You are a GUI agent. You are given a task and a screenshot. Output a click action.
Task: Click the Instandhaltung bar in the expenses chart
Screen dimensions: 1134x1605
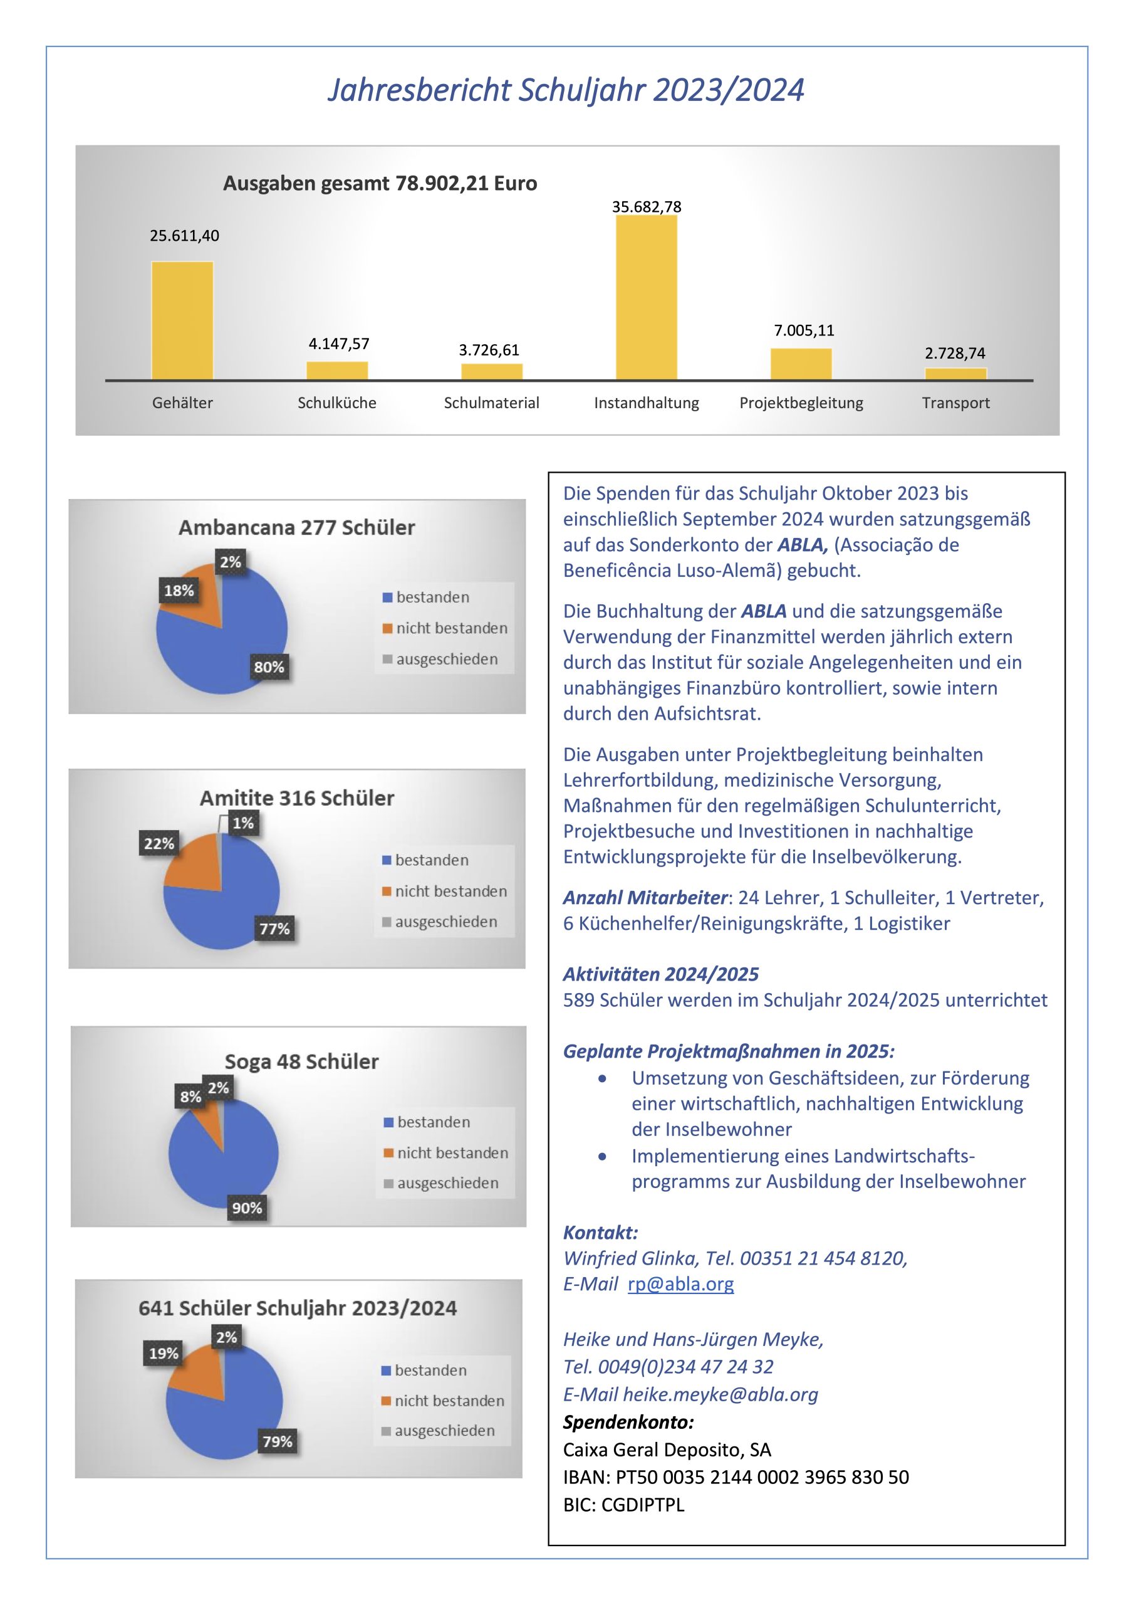(x=647, y=298)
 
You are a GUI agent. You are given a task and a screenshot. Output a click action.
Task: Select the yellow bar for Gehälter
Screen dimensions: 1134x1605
(x=182, y=321)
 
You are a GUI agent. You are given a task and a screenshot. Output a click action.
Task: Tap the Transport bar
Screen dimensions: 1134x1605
(x=956, y=374)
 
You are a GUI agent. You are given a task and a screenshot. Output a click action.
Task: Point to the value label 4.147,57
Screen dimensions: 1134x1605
(x=339, y=344)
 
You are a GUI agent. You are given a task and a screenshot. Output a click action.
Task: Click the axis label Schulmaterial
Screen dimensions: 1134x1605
(x=492, y=403)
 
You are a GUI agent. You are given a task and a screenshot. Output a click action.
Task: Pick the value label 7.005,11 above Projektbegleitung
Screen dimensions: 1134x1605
(x=804, y=330)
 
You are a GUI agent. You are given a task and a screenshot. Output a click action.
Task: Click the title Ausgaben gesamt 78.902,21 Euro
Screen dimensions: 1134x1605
(x=380, y=183)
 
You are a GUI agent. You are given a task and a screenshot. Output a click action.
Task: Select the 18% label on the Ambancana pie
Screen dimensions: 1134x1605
(x=179, y=591)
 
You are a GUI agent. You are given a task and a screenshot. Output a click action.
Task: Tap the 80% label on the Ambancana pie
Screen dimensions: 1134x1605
(x=269, y=667)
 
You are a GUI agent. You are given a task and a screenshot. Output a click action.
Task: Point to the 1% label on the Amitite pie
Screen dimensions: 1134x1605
(x=243, y=823)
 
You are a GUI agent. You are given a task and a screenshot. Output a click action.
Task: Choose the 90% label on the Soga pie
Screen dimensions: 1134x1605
(x=247, y=1208)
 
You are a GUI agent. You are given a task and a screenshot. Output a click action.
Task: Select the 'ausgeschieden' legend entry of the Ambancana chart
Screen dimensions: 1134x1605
(x=441, y=659)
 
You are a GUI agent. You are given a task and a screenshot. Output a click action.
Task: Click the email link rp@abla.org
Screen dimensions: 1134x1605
(x=680, y=1284)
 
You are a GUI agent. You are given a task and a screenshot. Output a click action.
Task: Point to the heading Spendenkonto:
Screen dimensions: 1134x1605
(x=628, y=1423)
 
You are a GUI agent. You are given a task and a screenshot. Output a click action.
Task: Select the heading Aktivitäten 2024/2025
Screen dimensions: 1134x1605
(x=661, y=974)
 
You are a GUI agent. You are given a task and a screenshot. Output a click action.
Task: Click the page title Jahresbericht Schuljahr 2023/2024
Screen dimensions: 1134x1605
(x=566, y=91)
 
